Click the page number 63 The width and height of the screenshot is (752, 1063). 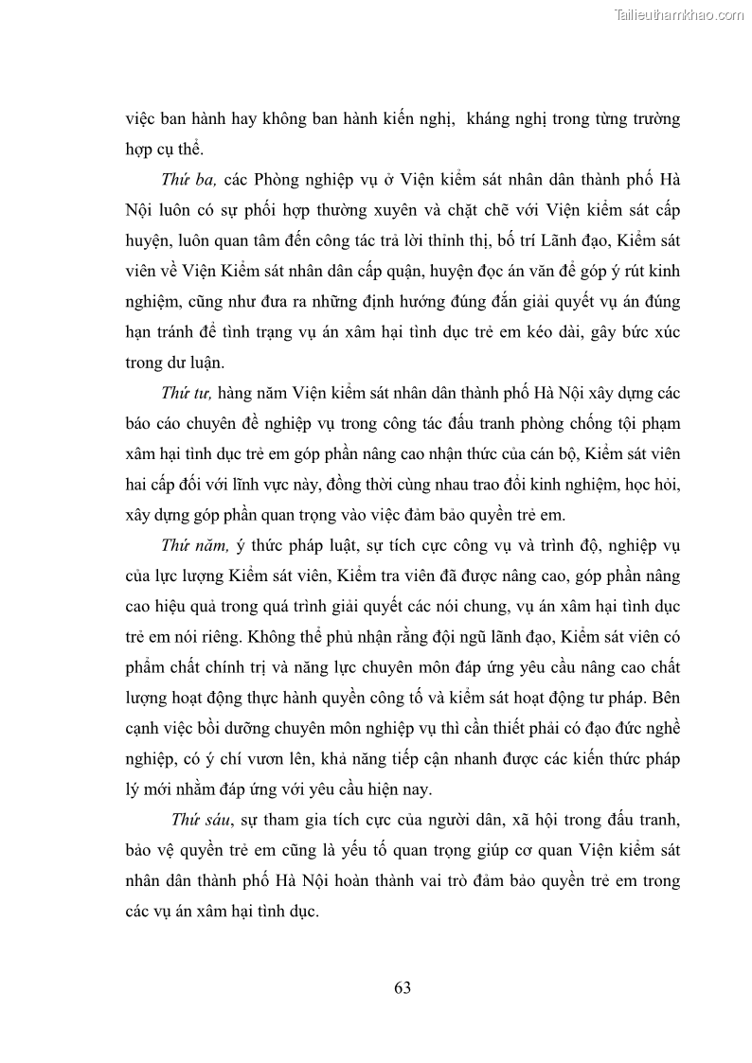[x=402, y=988]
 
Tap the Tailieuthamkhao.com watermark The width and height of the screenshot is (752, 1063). [x=679, y=14]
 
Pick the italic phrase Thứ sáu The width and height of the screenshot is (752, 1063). [x=202, y=819]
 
